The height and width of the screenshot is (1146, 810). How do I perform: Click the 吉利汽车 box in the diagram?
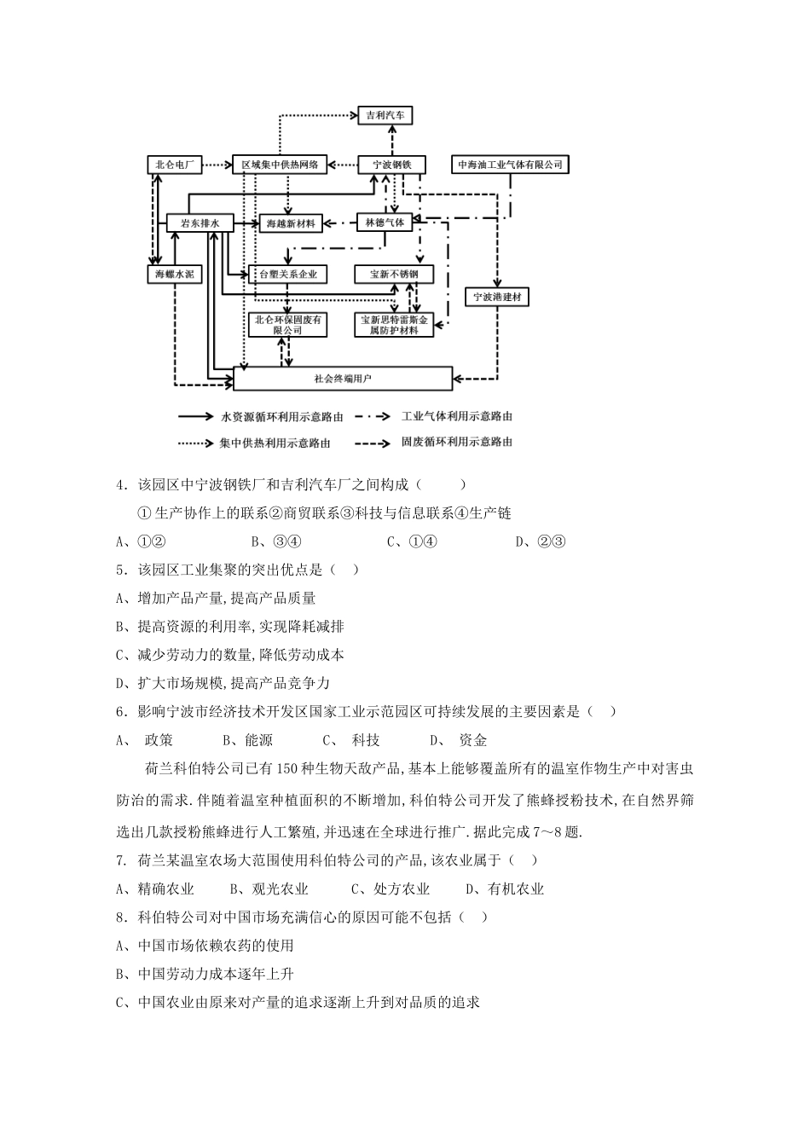(385, 115)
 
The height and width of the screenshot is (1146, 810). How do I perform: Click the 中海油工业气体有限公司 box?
(512, 165)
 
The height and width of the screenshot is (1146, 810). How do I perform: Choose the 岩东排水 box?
(200, 223)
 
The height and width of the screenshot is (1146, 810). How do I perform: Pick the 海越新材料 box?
(291, 223)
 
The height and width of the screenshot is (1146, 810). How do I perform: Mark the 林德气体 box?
(385, 223)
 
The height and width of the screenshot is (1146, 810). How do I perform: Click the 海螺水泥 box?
(175, 275)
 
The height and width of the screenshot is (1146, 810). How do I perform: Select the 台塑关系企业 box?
(289, 275)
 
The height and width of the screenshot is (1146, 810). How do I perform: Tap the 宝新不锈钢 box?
(394, 275)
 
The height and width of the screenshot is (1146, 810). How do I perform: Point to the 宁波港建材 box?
(498, 297)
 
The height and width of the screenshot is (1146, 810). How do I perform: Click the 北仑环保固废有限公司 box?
(288, 325)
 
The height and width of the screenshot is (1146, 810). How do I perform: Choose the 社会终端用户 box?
(343, 378)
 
